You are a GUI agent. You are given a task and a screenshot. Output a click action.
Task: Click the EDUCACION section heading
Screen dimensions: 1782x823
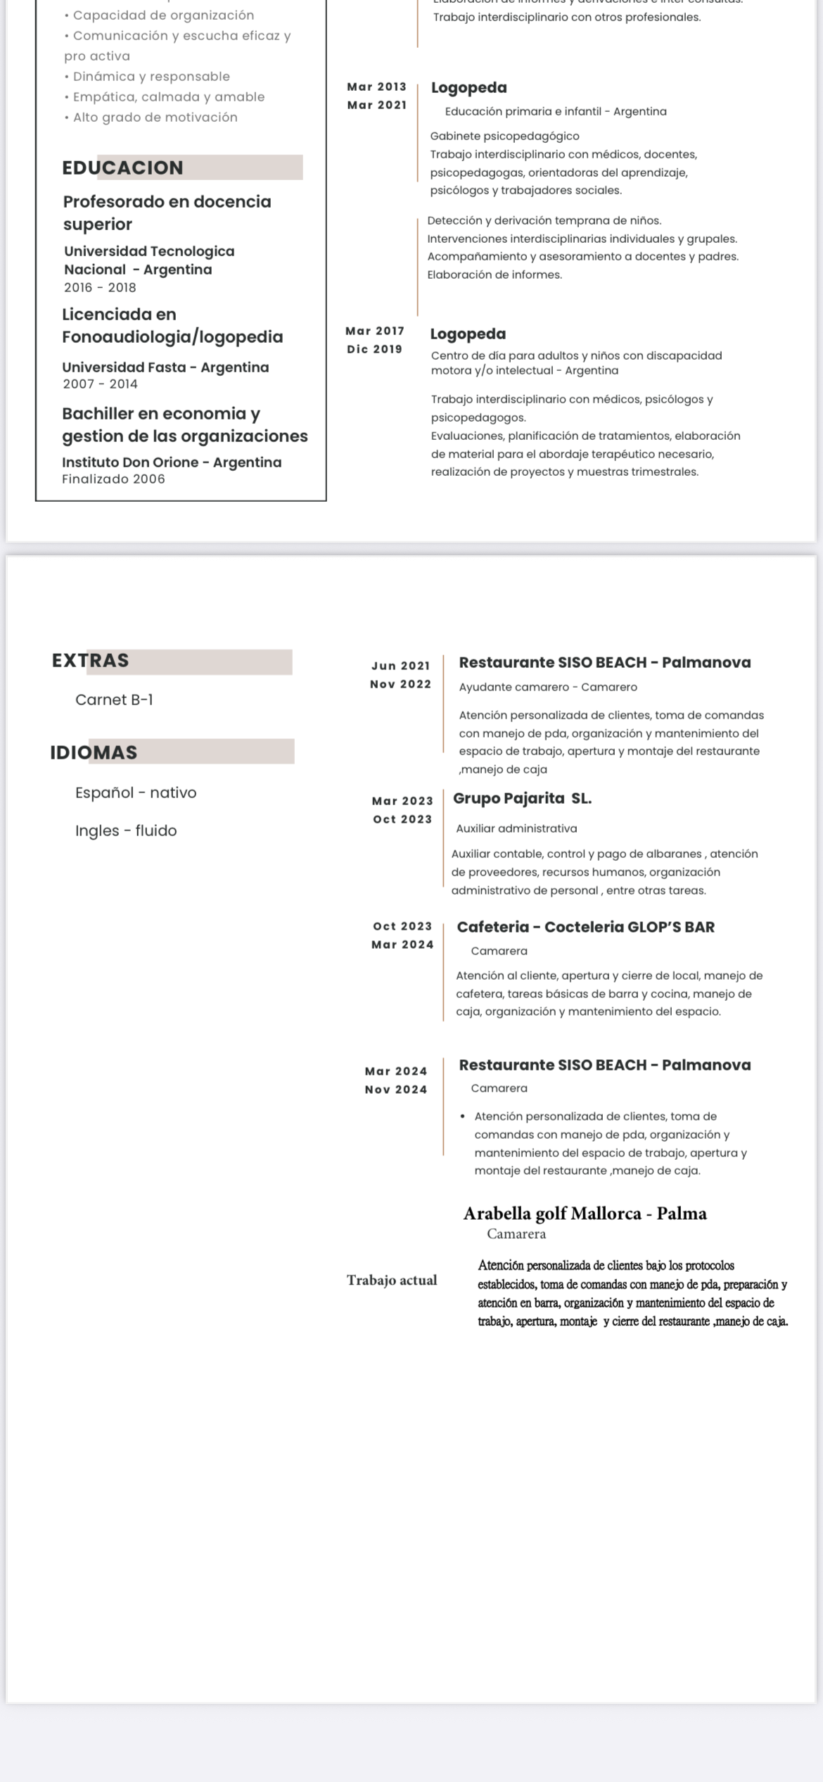click(123, 168)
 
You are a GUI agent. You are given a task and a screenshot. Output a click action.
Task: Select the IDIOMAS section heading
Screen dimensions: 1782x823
click(94, 752)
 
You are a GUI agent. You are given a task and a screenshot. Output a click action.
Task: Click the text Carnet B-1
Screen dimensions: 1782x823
click(114, 700)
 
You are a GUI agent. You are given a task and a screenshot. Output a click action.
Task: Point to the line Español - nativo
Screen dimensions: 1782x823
click(136, 792)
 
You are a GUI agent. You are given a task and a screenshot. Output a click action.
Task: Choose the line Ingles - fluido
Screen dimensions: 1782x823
click(126, 830)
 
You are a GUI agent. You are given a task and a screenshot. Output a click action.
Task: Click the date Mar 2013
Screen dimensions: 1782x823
click(376, 87)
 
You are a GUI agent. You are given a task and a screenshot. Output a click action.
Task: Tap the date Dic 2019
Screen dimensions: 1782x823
click(374, 349)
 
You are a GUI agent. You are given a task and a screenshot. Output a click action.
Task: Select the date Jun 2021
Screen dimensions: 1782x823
click(400, 666)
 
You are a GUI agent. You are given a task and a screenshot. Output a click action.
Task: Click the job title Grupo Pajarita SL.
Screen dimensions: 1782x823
click(522, 798)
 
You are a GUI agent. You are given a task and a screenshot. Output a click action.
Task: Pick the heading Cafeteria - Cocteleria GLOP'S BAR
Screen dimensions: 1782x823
click(585, 927)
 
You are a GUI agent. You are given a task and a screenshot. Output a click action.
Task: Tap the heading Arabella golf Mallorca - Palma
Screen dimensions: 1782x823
click(585, 1213)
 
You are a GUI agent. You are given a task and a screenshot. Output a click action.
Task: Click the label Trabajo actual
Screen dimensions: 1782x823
click(392, 1280)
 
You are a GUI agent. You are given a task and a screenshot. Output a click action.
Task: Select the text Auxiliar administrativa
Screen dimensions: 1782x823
click(516, 828)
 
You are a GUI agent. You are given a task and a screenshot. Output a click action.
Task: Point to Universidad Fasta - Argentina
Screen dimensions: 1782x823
click(165, 367)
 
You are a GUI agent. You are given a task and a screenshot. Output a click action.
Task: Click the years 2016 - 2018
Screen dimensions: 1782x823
click(100, 287)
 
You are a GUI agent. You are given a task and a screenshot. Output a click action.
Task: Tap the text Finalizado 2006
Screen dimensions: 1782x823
click(113, 479)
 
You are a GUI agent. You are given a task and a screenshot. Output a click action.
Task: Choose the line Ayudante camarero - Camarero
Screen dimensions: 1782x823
click(548, 687)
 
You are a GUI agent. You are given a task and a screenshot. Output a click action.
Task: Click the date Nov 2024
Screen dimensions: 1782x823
click(395, 1089)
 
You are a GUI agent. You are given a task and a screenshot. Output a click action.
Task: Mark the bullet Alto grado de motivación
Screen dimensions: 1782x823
click(155, 118)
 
